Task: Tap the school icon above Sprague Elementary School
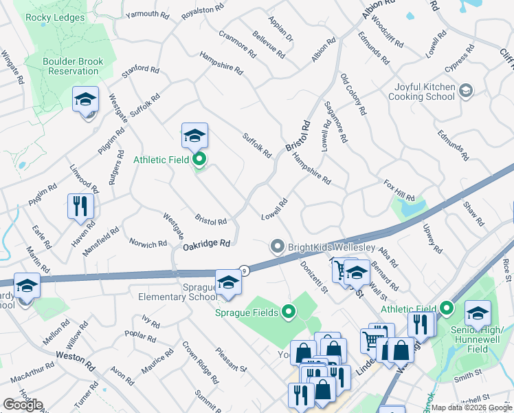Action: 228,282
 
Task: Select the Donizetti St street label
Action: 313,277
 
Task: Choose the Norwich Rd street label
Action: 148,243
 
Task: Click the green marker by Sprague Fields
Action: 289,313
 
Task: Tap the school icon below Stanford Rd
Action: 85,100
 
